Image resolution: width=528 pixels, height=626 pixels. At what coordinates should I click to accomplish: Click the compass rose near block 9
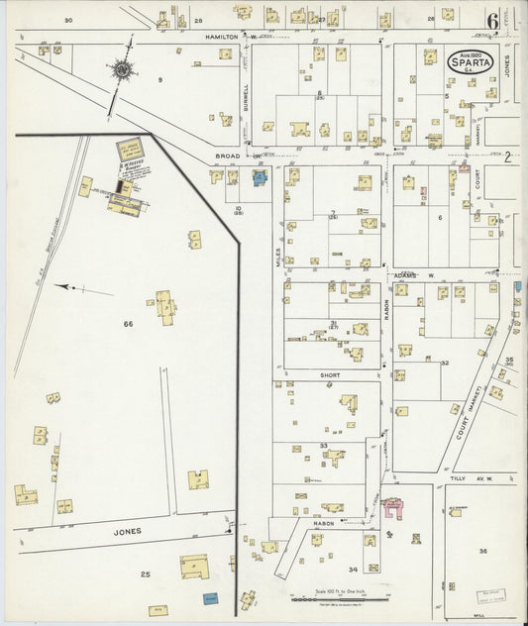(123, 69)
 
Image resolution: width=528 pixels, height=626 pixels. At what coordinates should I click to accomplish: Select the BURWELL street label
(245, 96)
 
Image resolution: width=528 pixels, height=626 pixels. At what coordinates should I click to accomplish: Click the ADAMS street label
(404, 274)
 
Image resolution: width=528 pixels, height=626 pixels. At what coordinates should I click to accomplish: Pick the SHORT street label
(329, 375)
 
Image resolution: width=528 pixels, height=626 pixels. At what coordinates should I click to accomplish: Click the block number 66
(128, 324)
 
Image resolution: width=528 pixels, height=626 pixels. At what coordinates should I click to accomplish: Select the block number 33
(323, 446)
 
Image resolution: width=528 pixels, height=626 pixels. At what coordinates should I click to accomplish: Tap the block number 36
(482, 551)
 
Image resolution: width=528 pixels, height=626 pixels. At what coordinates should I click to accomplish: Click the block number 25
(145, 574)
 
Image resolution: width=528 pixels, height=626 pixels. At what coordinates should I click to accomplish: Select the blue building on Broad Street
(260, 178)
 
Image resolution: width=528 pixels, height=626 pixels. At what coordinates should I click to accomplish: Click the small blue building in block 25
(210, 598)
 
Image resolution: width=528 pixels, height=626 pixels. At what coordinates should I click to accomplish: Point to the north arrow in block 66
(71, 287)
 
